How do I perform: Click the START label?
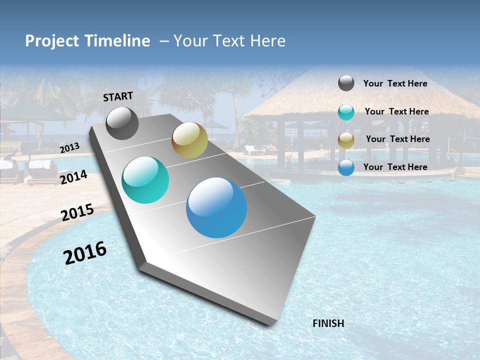[x=118, y=96]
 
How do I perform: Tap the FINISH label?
[x=328, y=323]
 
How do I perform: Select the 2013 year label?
[x=69, y=147]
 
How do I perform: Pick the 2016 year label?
[x=85, y=252]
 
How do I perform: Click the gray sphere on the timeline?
[x=122, y=123]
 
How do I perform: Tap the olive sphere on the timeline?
[x=189, y=140]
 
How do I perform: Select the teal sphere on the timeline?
[x=145, y=180]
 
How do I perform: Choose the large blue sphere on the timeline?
[x=216, y=207]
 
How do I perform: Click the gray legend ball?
[x=346, y=83]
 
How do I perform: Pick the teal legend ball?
[x=346, y=112]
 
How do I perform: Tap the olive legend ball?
[x=346, y=140]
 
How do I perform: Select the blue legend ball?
[x=346, y=167]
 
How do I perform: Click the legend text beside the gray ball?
[x=395, y=84]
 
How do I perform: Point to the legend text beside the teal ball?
[x=396, y=111]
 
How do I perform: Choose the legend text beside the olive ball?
[x=397, y=139]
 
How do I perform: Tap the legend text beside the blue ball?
[x=395, y=167]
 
